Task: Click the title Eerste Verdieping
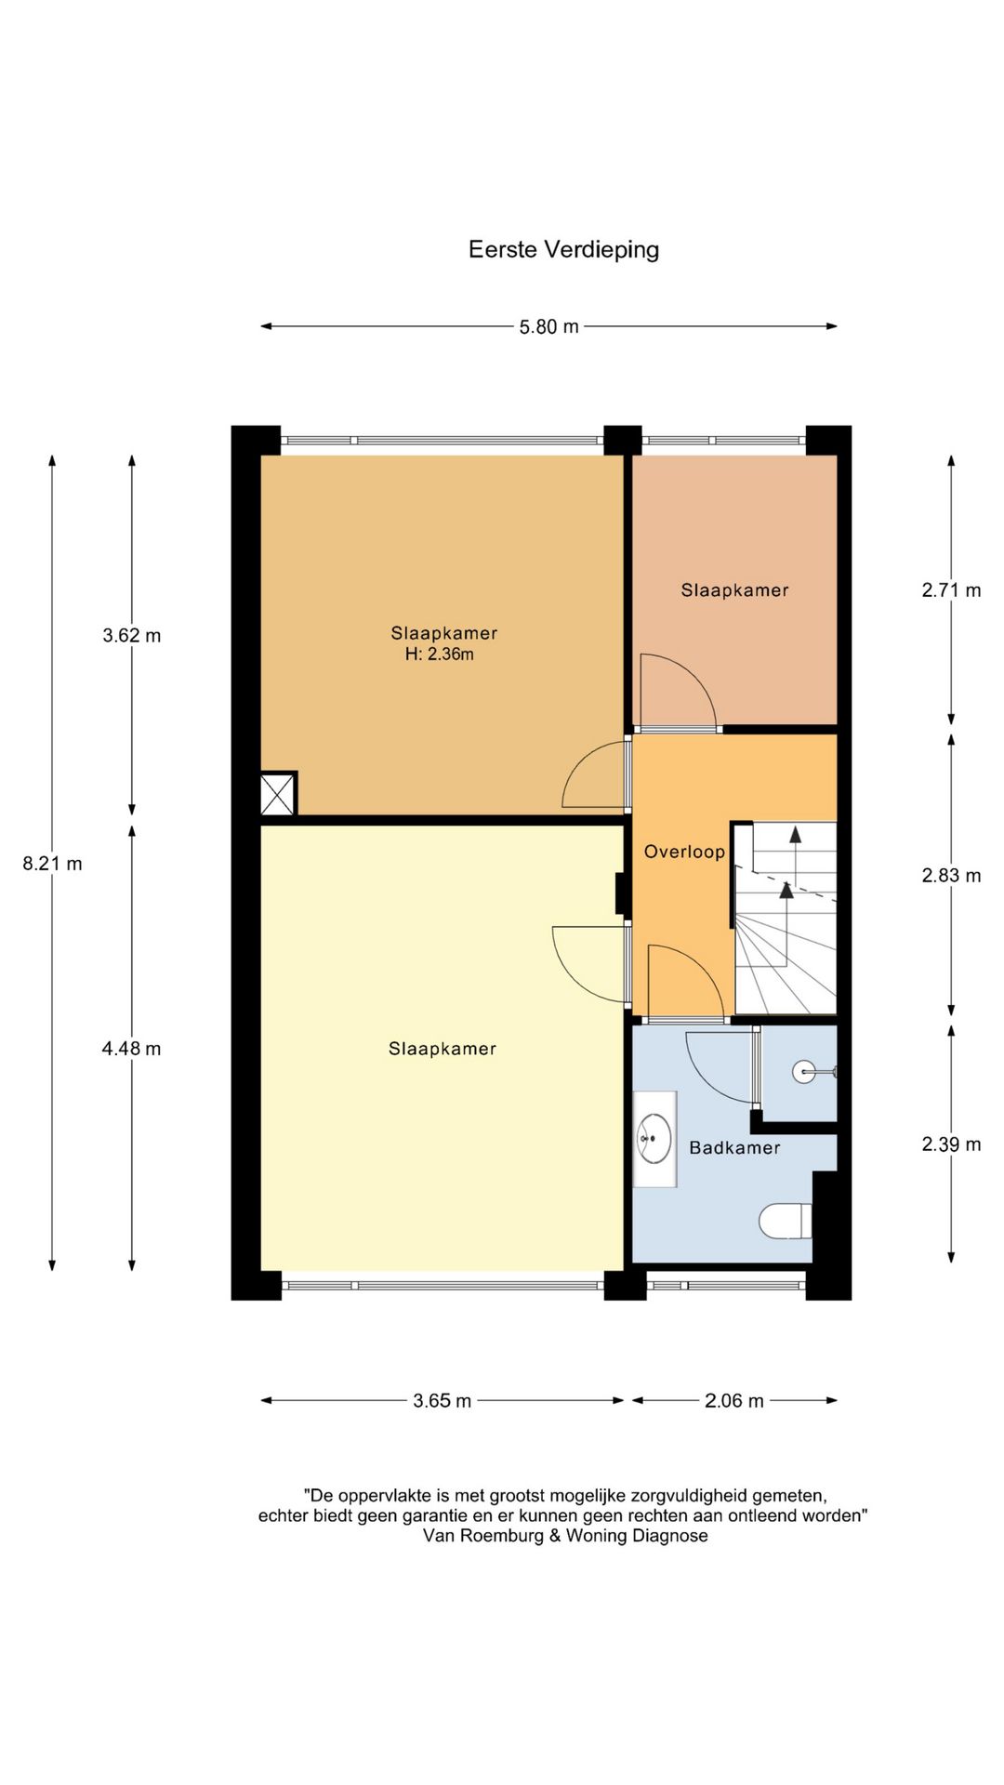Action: coord(563,250)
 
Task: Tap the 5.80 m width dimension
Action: coord(548,327)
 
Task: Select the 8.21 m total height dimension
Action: coord(52,864)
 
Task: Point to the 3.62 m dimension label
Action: coord(131,636)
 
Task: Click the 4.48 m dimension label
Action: coord(131,1049)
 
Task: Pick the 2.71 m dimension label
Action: coord(951,590)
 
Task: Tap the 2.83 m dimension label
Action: coord(951,876)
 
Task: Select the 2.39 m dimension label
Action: coord(951,1144)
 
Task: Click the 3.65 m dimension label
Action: coord(442,1401)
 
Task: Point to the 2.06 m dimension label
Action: coord(733,1401)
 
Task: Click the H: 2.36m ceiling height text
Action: coord(439,654)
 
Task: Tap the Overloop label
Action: coord(684,852)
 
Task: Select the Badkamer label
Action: coord(734,1148)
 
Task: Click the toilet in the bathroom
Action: coord(786,1221)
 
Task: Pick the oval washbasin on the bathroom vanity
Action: coord(654,1139)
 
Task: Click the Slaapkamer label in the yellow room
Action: coord(443,1050)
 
